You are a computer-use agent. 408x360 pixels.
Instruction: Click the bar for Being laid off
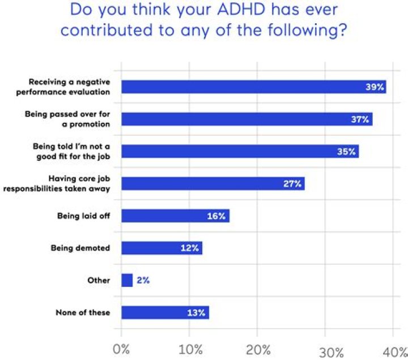tap(175, 216)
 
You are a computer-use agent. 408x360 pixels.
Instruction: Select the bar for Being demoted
tap(161, 248)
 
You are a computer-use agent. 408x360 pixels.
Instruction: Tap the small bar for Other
tap(127, 280)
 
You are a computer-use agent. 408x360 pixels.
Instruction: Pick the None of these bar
tap(165, 312)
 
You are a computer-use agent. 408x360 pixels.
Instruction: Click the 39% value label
tap(375, 87)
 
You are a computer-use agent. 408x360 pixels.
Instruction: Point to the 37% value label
tap(360, 119)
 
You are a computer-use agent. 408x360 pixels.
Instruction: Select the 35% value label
tap(346, 151)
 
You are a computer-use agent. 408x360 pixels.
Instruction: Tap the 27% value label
tap(292, 183)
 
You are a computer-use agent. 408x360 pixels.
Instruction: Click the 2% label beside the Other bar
tap(143, 280)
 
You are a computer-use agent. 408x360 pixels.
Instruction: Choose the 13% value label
tap(196, 312)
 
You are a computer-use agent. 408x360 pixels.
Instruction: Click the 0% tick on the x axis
tap(121, 349)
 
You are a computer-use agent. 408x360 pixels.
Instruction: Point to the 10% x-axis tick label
tap(190, 350)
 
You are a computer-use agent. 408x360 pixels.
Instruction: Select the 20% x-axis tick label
tap(258, 350)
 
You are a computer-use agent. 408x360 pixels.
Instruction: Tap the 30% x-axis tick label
tap(331, 353)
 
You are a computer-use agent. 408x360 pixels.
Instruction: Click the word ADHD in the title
tap(241, 10)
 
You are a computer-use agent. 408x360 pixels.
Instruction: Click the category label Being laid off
tap(83, 216)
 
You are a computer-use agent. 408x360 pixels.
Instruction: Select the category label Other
tap(99, 280)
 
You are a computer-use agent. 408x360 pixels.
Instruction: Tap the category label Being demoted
tap(80, 248)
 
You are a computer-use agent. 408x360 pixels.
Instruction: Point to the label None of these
tap(83, 312)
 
